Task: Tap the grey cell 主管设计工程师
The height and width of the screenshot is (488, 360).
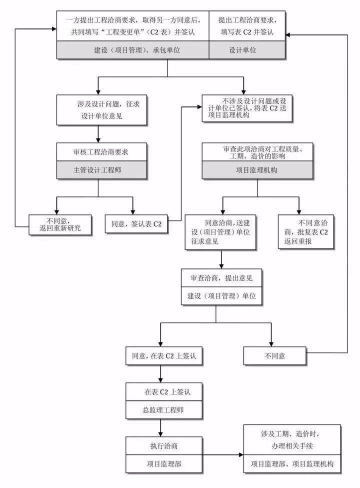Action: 97,169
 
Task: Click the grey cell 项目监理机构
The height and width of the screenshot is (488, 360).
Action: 256,170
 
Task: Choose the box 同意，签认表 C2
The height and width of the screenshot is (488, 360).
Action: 136,224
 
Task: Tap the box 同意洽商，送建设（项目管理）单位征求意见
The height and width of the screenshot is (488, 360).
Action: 221,232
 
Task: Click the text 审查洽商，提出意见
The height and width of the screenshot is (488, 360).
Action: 214,278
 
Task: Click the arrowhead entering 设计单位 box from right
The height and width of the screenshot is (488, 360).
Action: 288,34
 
